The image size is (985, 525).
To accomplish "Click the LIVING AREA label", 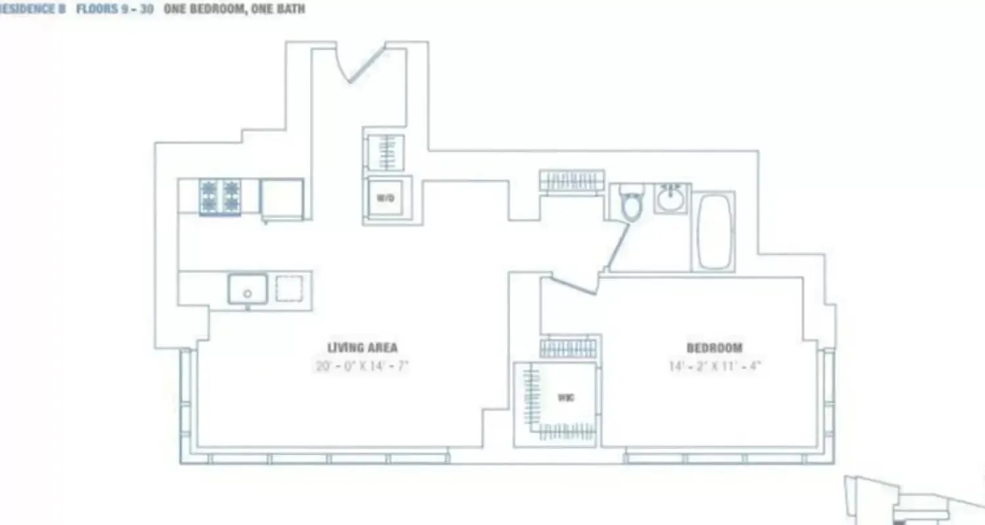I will (362, 348).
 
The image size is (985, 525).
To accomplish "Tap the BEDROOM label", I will (714, 348).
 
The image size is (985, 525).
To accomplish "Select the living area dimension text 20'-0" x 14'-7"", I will (362, 366).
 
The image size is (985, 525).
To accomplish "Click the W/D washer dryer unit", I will (385, 198).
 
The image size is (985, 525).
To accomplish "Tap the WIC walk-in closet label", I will (566, 398).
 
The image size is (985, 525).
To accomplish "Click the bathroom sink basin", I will (670, 198).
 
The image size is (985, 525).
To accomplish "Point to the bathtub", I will (713, 231).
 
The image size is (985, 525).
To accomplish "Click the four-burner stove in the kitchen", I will (219, 196).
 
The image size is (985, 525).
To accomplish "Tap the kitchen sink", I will (248, 289).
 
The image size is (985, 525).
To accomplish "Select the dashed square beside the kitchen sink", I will (289, 288).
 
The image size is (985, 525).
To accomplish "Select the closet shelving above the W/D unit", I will (385, 153).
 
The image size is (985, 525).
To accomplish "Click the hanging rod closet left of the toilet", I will (571, 180).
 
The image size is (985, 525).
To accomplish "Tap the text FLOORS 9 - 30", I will (115, 10).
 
